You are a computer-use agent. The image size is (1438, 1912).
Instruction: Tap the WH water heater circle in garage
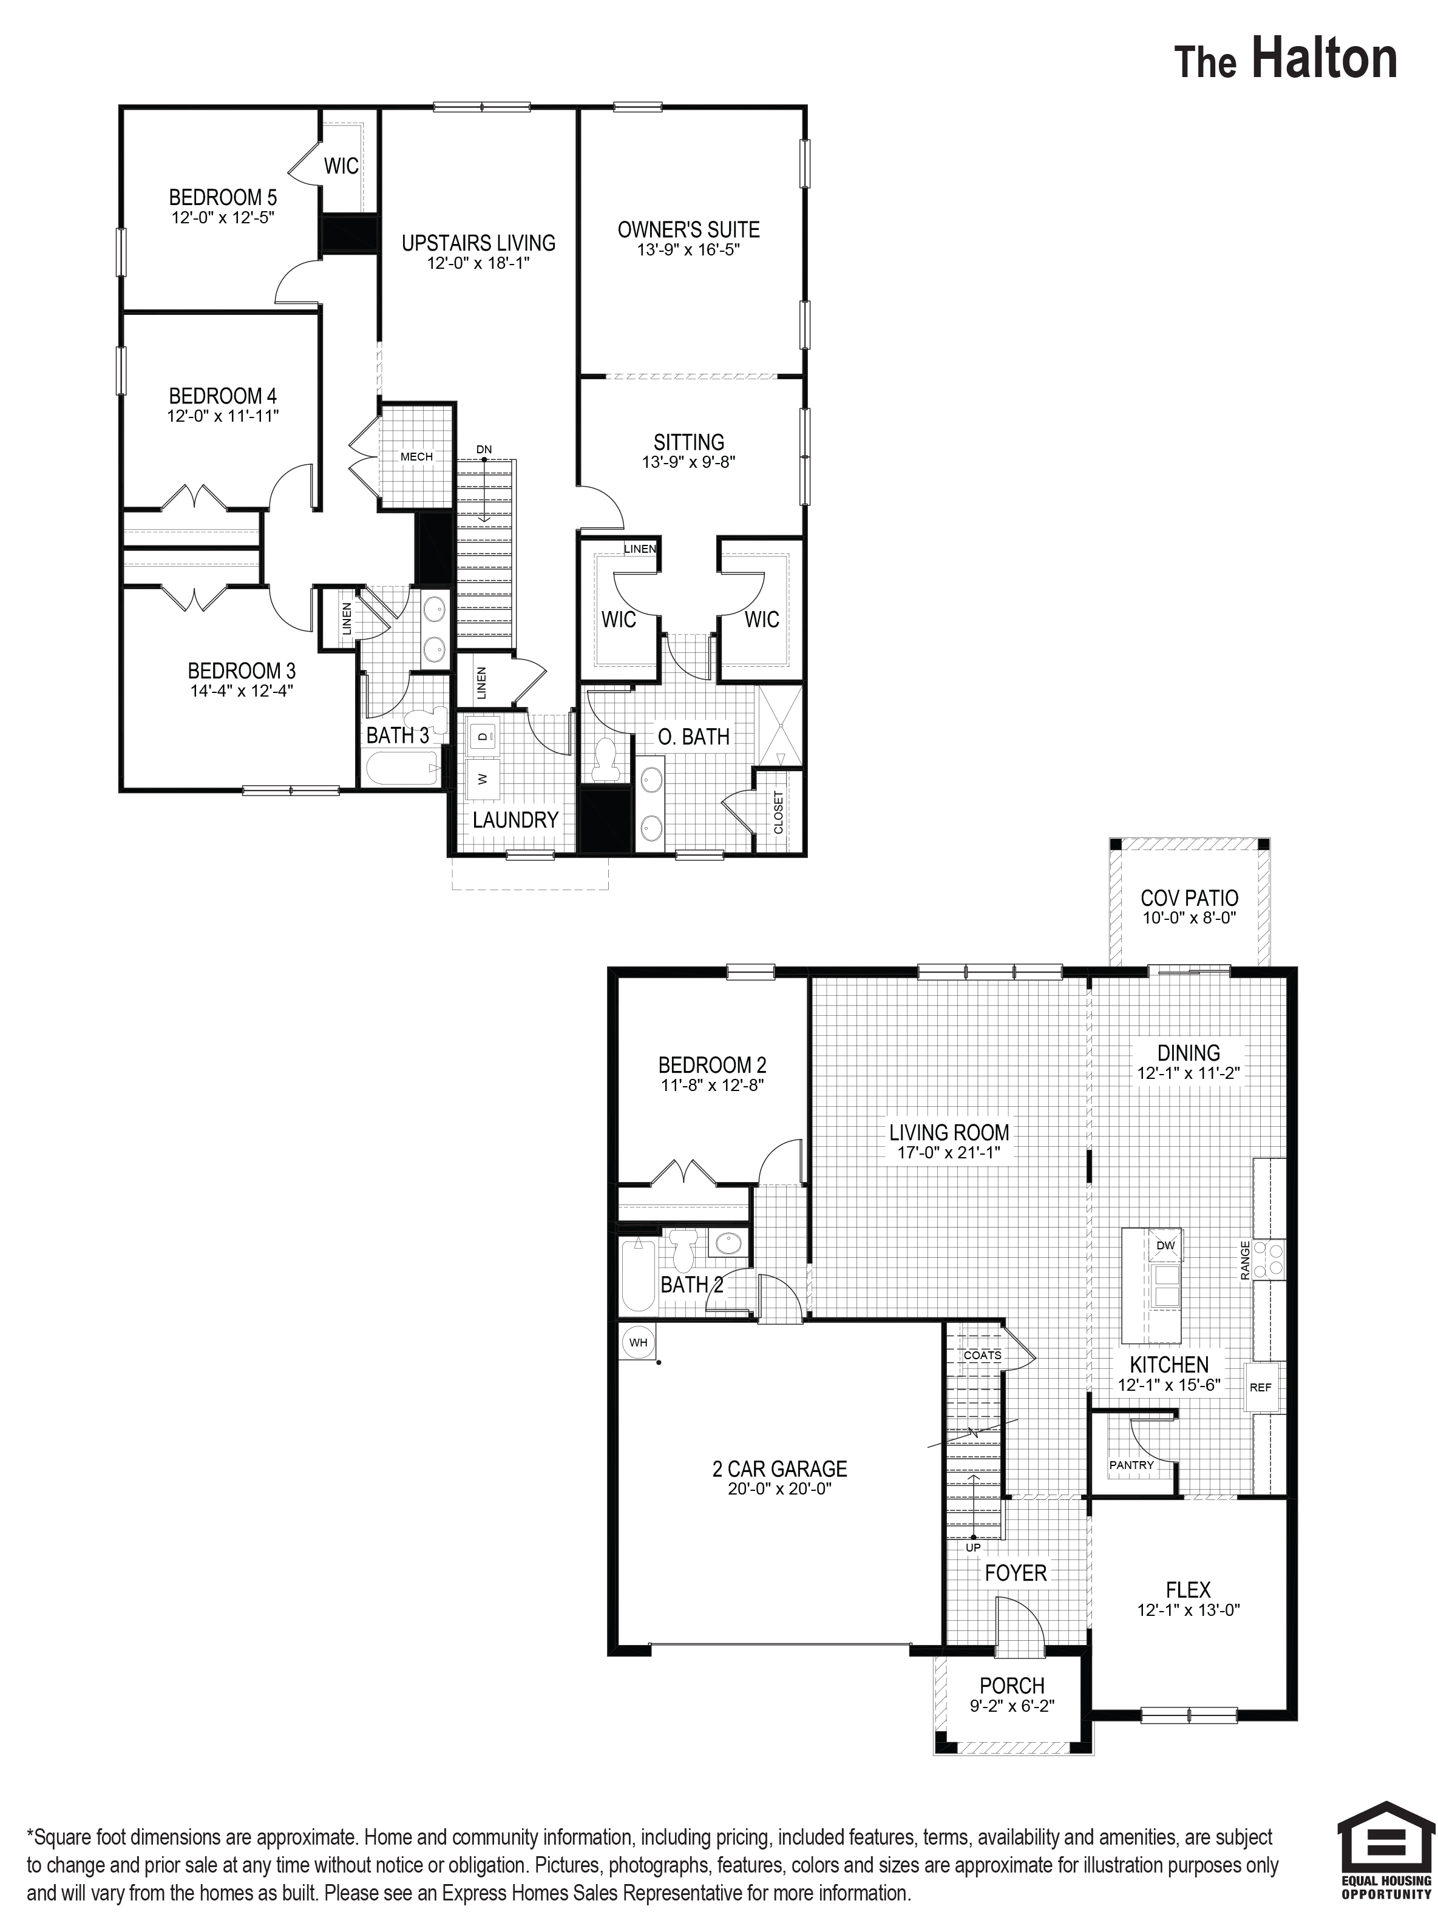[x=638, y=1342]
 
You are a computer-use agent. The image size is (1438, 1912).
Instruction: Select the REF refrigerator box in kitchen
[x=1260, y=1387]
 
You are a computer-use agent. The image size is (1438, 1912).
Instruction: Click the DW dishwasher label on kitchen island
[x=1165, y=1246]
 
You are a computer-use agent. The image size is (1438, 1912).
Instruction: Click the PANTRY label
[x=1131, y=1465]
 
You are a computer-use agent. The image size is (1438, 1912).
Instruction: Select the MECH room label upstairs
[x=416, y=456]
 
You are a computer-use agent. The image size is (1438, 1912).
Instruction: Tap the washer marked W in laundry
[x=481, y=778]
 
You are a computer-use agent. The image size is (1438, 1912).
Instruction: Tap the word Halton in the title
[x=1323, y=59]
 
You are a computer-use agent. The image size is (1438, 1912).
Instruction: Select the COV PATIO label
[x=1189, y=898]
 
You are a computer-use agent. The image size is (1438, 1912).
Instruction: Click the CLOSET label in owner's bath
[x=778, y=812]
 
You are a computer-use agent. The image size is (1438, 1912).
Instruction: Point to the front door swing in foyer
[x=1020, y=1625]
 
